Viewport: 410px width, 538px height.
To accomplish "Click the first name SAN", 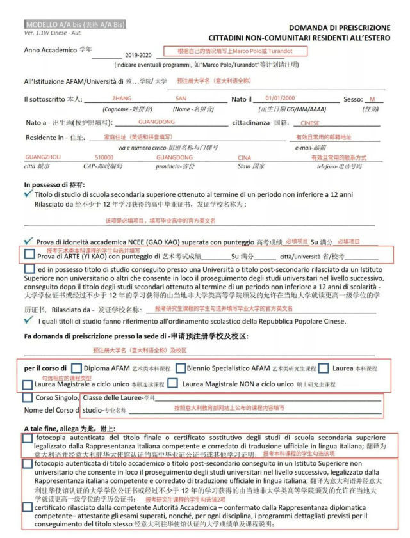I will tap(181, 99).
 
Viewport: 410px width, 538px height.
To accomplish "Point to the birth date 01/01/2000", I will tap(280, 99).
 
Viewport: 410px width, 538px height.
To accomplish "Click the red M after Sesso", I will tap(372, 99).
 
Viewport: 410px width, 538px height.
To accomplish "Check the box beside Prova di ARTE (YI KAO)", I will tap(29, 255).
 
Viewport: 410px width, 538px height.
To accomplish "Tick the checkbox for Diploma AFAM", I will tap(76, 368).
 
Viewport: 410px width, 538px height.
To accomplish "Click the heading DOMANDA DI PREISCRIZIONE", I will tap(339, 28).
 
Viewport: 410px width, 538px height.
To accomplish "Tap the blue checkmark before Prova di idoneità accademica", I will tap(29, 242).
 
